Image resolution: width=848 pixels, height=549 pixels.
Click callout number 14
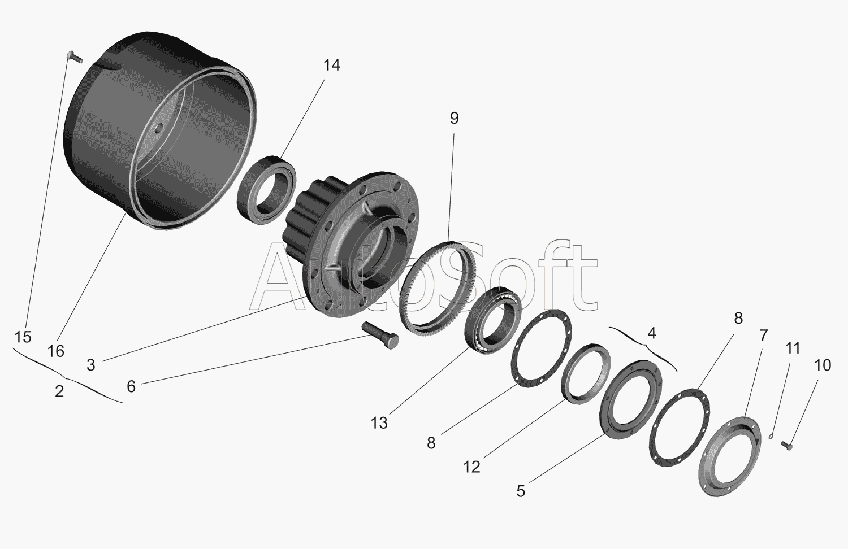pos(332,66)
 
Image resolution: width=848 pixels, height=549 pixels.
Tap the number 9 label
pos(455,119)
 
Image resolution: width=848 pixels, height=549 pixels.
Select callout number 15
pos(23,337)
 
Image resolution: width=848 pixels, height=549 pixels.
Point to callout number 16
pos(56,352)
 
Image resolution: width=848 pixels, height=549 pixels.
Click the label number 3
pos(91,365)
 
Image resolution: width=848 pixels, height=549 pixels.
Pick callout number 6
pos(131,386)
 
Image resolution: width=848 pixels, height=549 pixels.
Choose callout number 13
pos(379,423)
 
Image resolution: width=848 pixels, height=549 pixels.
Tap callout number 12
pos(471,467)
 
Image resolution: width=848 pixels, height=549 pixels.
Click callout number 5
pos(521,491)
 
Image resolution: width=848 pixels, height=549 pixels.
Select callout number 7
pos(764,335)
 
